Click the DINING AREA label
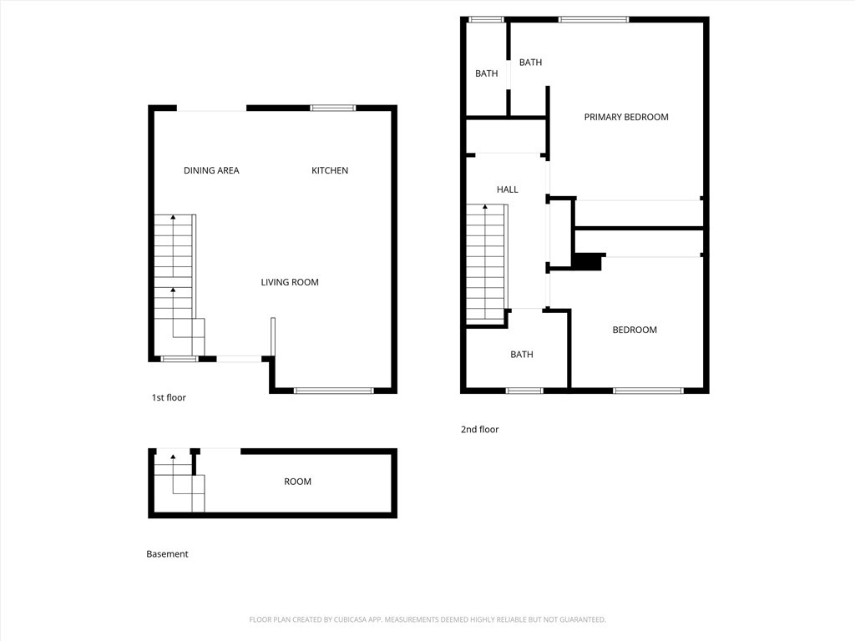(211, 170)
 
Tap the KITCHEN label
(329, 170)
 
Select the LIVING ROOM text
(290, 282)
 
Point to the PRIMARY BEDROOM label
(626, 117)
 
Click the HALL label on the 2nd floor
(507, 189)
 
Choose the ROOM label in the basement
(297, 482)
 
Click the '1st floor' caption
(169, 398)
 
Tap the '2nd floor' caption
(479, 430)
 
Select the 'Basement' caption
(167, 554)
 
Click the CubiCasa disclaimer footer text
(427, 620)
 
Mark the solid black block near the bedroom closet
(587, 262)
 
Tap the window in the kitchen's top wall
(332, 108)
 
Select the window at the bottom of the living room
(333, 391)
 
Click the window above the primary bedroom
(594, 20)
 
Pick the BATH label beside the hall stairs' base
(521, 355)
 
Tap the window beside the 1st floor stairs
(180, 359)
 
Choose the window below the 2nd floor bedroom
(648, 391)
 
